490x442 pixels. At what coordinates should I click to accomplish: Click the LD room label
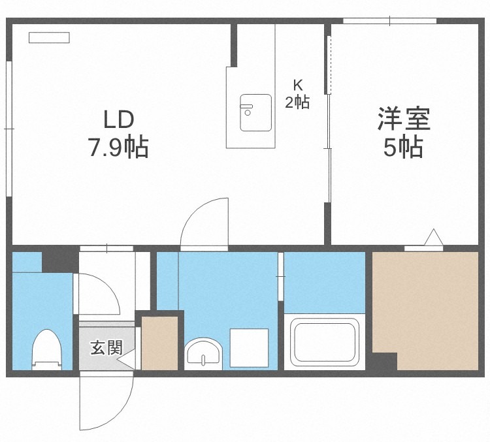click(x=118, y=119)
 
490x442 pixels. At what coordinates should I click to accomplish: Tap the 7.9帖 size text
click(x=118, y=148)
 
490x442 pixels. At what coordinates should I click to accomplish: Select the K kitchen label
click(x=297, y=84)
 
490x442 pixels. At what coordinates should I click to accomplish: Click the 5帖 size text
click(x=403, y=148)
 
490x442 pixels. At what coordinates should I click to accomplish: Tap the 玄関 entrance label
click(x=106, y=347)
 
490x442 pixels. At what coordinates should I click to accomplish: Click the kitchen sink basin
click(x=255, y=112)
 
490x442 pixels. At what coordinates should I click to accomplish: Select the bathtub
click(x=324, y=343)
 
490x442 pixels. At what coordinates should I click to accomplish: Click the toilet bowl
click(x=46, y=349)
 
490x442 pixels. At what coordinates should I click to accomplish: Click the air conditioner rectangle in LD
click(x=49, y=38)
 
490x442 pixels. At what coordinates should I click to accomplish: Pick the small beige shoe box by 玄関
click(x=160, y=343)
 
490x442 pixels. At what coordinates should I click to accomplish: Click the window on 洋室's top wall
click(x=390, y=21)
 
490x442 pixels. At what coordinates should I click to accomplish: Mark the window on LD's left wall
click(x=9, y=129)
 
